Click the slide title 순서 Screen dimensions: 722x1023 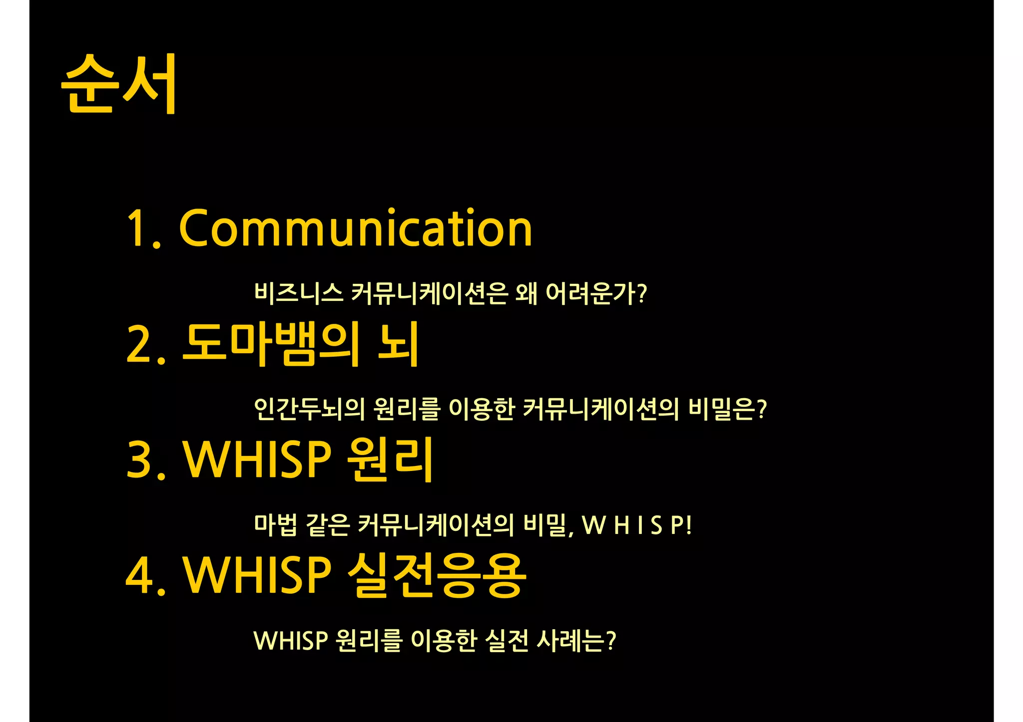pyautogui.click(x=119, y=84)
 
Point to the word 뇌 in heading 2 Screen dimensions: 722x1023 pyautogui.click(x=398, y=344)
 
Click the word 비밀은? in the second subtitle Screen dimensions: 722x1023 pyautogui.click(x=727, y=409)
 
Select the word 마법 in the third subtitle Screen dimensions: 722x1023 pyautogui.click(x=275, y=524)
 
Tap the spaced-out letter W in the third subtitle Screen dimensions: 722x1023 pyautogui.click(x=594, y=525)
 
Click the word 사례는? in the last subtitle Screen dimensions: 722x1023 pyautogui.click(x=576, y=641)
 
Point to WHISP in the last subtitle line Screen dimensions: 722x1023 pyautogui.click(x=291, y=641)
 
